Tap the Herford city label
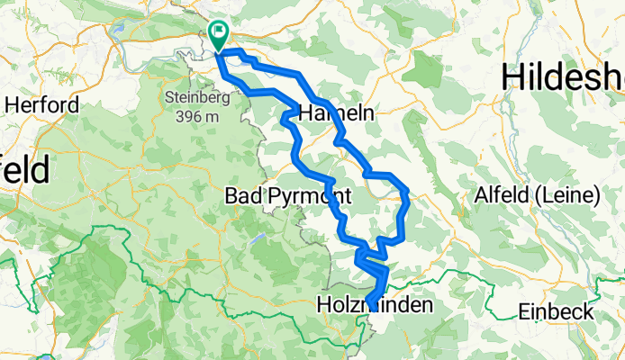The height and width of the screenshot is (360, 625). (41, 104)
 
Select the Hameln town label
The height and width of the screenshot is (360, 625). (335, 113)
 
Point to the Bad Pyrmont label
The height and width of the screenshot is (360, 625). (286, 195)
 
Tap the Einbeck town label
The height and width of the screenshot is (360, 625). (557, 311)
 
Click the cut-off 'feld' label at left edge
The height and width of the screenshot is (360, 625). (24, 171)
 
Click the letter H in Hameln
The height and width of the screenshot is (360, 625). (304, 113)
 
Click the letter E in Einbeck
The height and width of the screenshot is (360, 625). (525, 311)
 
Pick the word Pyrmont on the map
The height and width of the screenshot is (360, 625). (305, 195)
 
